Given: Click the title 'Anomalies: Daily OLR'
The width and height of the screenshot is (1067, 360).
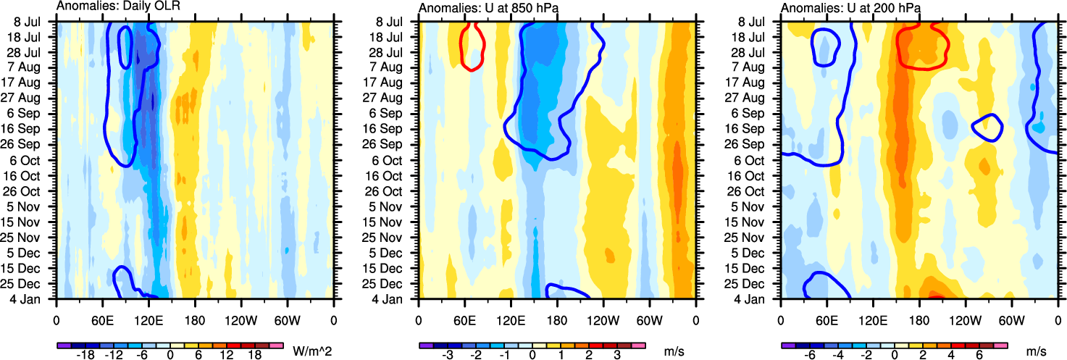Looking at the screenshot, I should pyautogui.click(x=118, y=7).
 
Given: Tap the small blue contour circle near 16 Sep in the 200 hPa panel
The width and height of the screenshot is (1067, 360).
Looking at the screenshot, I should pyautogui.click(x=987, y=127).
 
